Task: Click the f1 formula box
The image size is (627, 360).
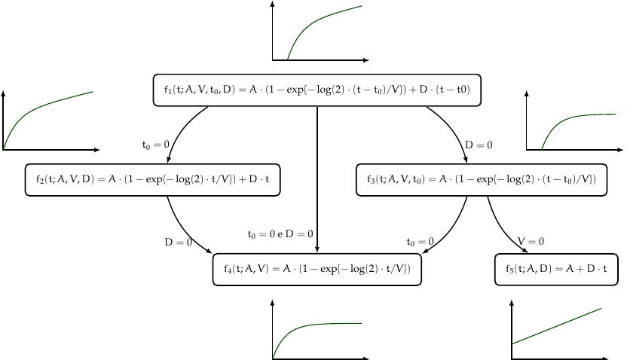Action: tap(317, 90)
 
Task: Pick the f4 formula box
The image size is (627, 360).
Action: tap(317, 269)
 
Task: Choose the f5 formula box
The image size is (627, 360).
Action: tap(556, 269)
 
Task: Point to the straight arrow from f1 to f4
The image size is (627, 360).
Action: tap(317, 181)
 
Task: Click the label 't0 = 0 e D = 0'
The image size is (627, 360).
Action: tap(280, 234)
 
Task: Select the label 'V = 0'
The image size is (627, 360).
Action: tap(531, 242)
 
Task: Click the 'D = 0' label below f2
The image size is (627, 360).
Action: tap(179, 242)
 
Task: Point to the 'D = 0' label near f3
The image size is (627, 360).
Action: tap(479, 145)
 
